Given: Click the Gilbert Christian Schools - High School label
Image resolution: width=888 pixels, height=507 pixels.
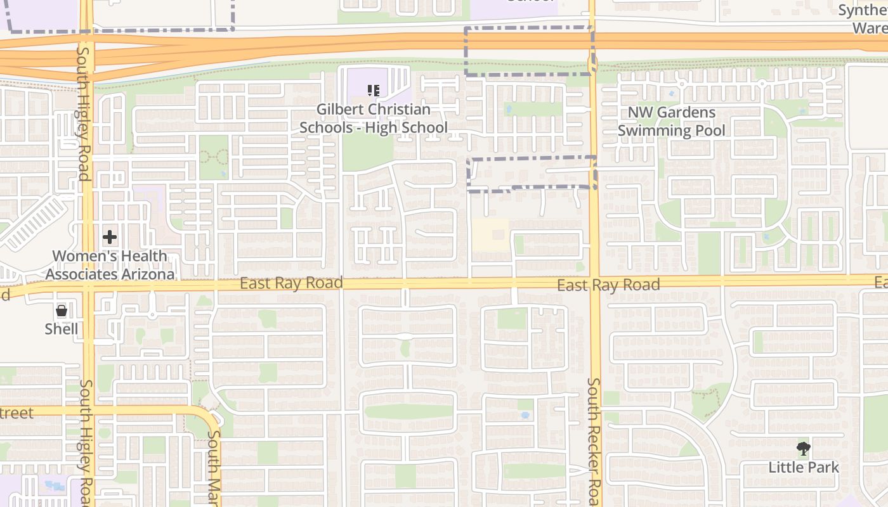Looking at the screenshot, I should coord(373,119).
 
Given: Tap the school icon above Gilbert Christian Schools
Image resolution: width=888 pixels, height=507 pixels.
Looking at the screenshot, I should coord(374,91).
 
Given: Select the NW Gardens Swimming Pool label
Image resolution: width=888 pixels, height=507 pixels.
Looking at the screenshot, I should coord(672,122).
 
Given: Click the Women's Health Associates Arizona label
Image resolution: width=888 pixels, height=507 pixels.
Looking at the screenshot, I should coord(110,266).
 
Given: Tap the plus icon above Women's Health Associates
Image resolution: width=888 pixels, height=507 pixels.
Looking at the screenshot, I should coord(110,238).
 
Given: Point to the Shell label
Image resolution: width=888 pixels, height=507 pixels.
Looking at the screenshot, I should coord(62,329).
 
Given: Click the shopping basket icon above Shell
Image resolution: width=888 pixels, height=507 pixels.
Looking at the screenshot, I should coord(62,311).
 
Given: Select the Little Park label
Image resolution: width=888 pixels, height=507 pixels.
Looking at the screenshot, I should coord(804,468).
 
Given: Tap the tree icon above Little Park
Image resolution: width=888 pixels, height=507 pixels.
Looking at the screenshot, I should coord(804,449).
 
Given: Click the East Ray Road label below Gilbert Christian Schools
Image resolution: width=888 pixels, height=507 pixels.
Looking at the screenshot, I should coord(291,283).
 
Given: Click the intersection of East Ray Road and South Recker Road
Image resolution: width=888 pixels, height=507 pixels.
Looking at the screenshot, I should coord(595,283).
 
